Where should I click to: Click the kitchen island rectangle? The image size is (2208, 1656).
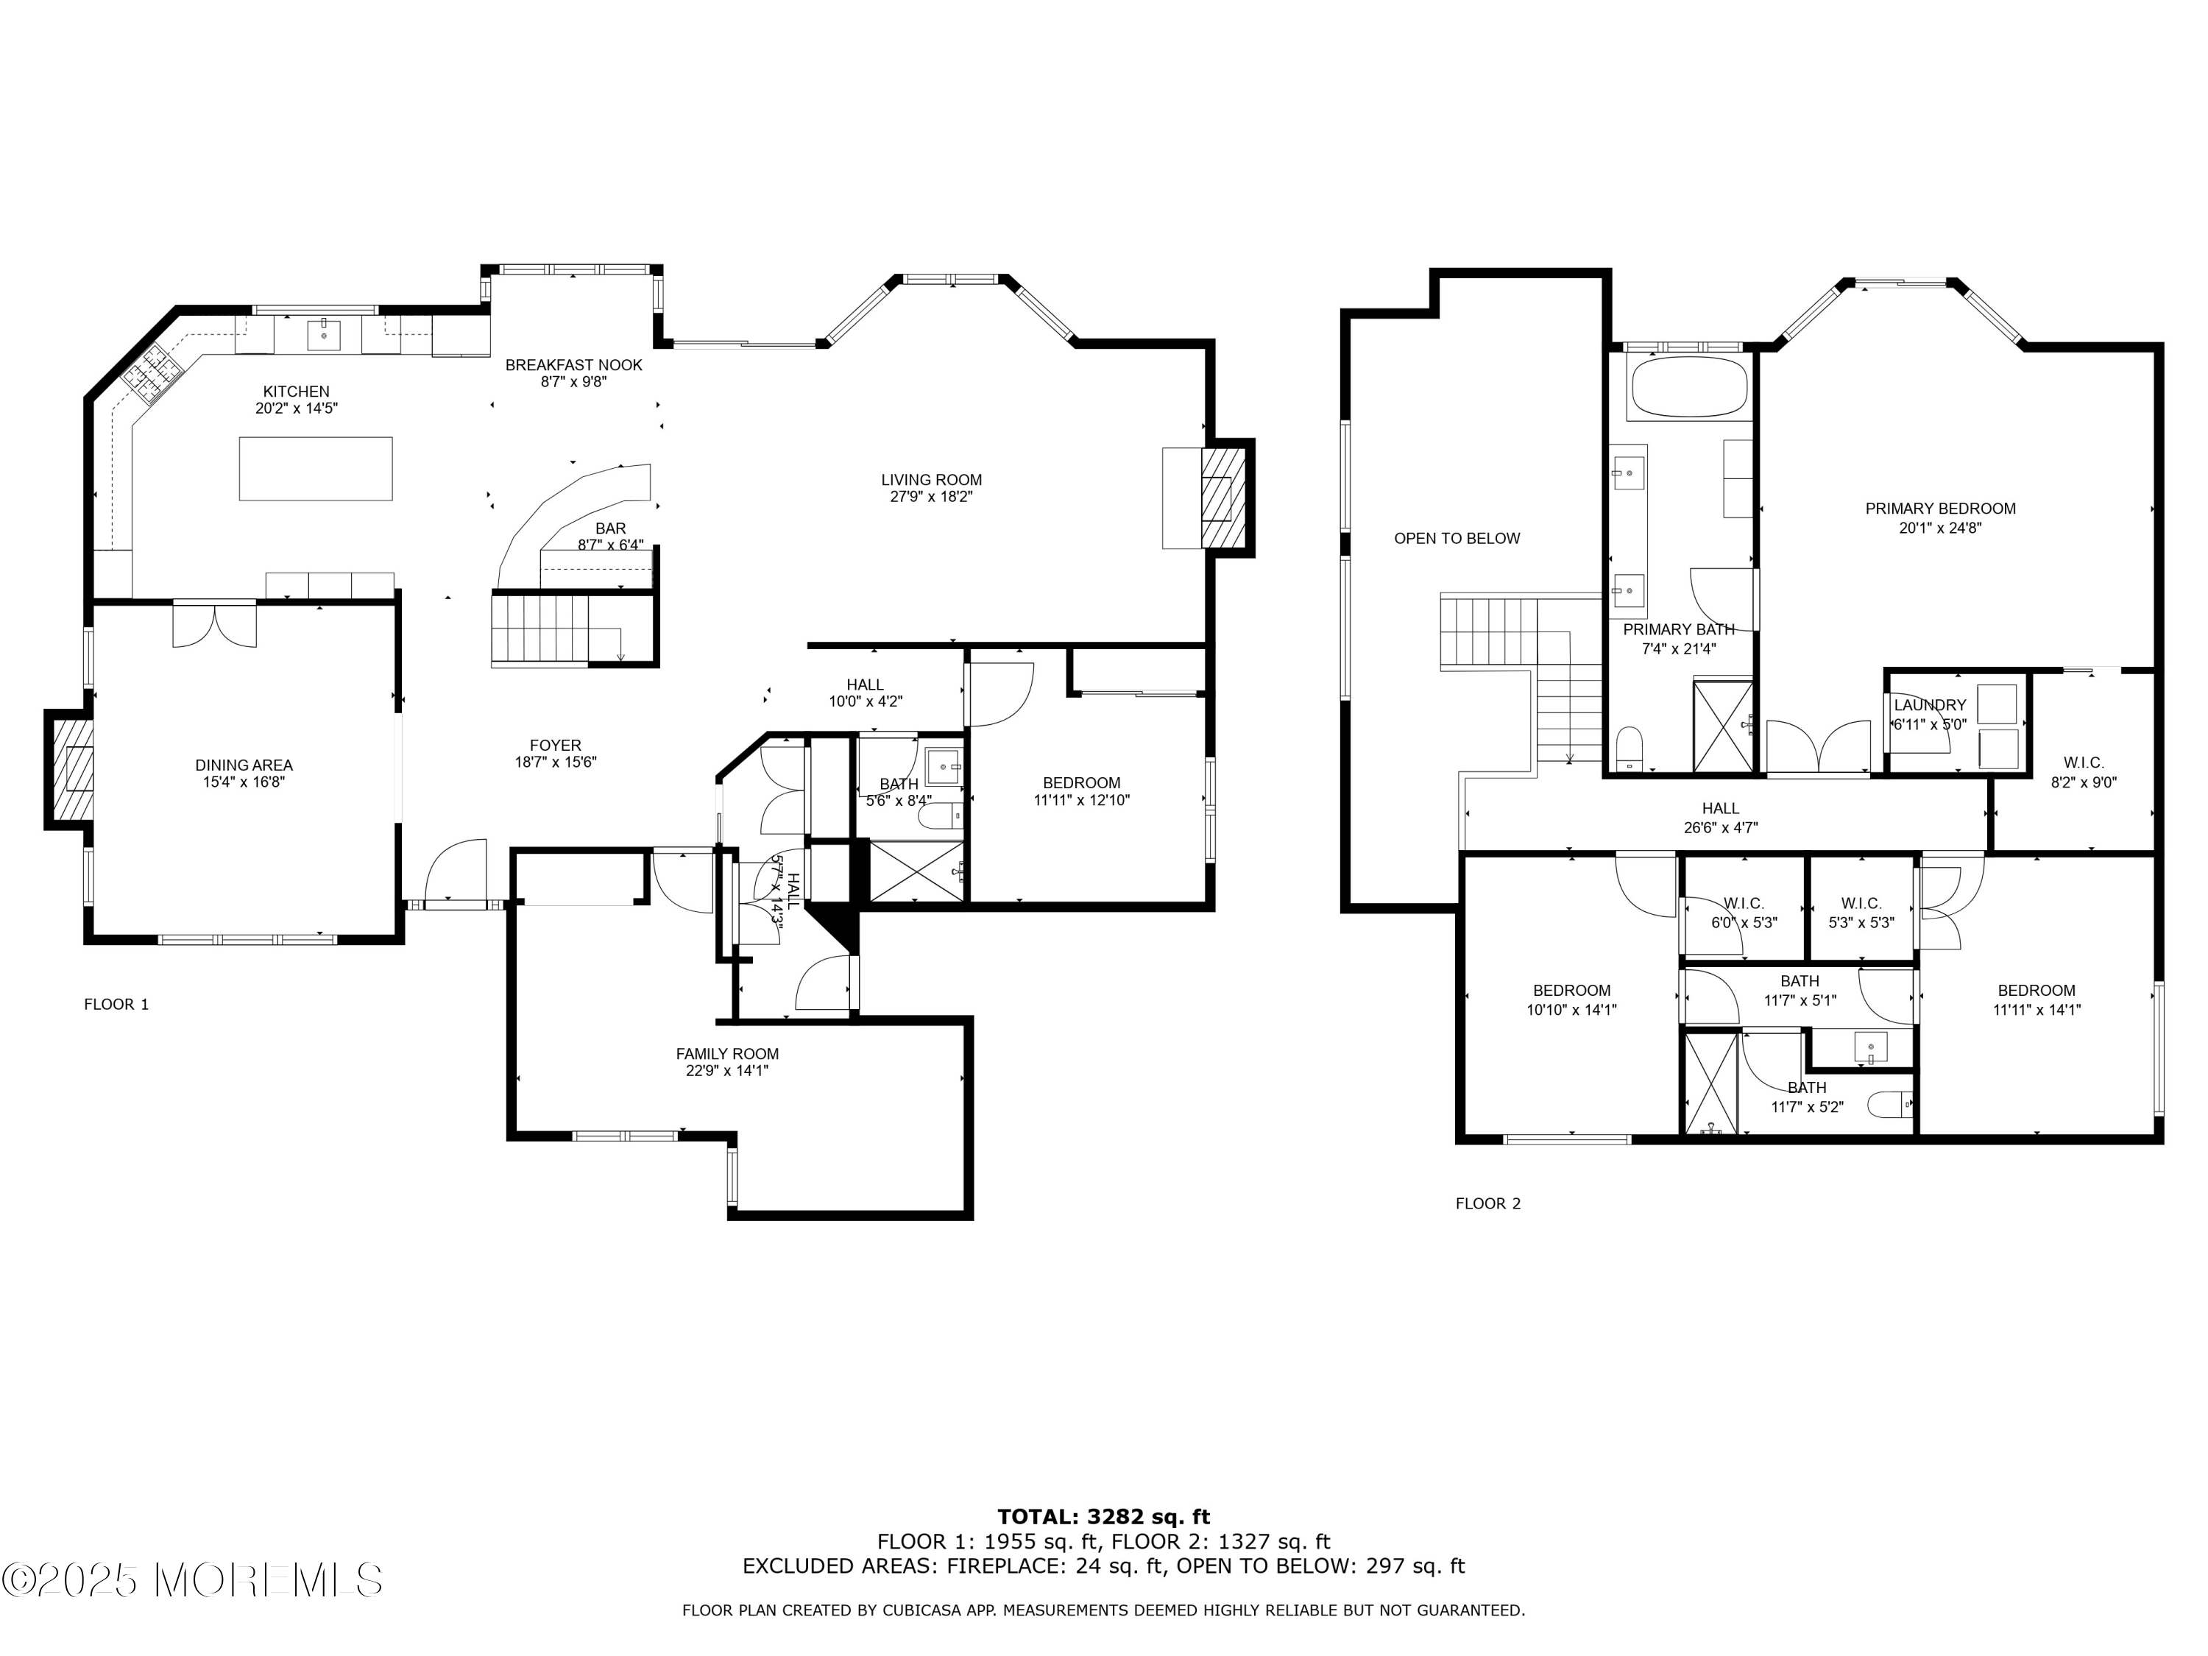(316, 468)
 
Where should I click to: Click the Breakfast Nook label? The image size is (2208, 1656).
(574, 365)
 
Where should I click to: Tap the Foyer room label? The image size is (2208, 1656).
(555, 746)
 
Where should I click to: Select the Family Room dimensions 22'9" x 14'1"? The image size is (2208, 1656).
(726, 1071)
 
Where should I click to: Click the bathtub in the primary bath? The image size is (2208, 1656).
(1688, 387)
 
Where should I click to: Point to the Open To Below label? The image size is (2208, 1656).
(1457, 539)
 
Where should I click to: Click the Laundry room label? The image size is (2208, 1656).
(1930, 705)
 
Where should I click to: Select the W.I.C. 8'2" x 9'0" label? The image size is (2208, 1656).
(2083, 773)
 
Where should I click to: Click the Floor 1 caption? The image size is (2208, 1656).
(117, 1004)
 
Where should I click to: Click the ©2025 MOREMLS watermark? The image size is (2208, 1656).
(191, 1579)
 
